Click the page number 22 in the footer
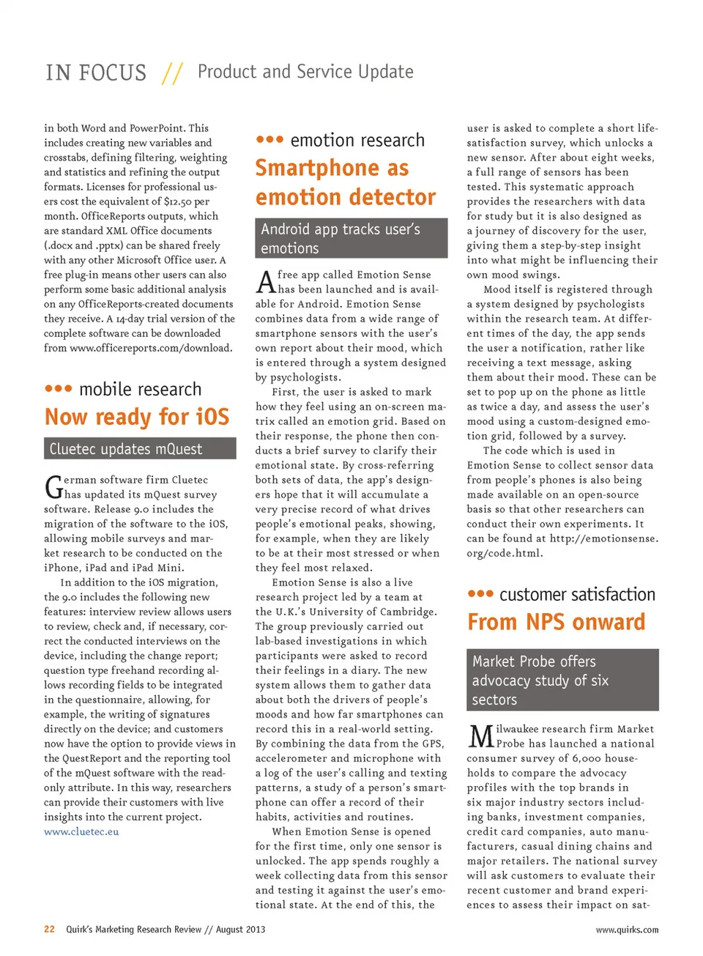(x=49, y=929)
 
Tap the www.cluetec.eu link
(x=81, y=831)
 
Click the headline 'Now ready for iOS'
(x=137, y=417)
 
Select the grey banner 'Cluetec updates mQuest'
(x=140, y=448)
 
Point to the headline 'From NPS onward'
(x=557, y=622)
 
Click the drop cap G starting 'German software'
(x=53, y=487)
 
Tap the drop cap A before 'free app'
(x=265, y=282)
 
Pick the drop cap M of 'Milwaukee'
(x=480, y=736)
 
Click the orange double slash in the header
(x=173, y=73)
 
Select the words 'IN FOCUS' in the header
(x=96, y=73)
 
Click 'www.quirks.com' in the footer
(x=627, y=930)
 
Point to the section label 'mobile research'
(x=140, y=389)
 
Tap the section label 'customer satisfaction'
(x=577, y=594)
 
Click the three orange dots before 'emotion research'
(x=269, y=139)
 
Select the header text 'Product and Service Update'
(x=305, y=72)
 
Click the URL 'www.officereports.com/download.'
(x=151, y=348)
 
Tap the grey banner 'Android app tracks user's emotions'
(x=351, y=238)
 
